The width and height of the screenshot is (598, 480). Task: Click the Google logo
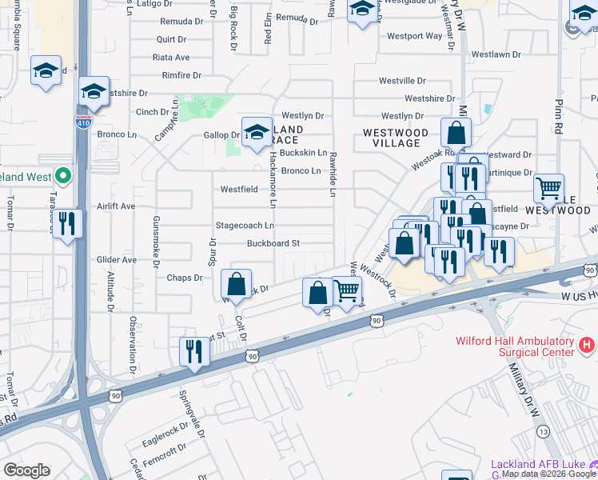(26, 470)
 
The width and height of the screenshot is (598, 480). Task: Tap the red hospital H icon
(587, 346)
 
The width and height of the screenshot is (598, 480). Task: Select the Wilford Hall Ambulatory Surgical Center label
(514, 346)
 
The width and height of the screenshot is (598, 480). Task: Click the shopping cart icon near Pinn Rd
(548, 189)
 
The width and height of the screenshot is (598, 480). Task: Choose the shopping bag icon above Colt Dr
(237, 283)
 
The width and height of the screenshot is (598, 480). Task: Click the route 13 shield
(544, 431)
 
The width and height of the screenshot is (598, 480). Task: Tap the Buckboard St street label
(273, 243)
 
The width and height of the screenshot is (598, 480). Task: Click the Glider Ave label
(117, 260)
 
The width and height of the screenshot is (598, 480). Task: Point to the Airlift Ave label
(117, 206)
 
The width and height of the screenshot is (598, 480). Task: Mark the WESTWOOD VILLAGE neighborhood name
(391, 138)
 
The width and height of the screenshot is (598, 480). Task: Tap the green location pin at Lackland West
(62, 176)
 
